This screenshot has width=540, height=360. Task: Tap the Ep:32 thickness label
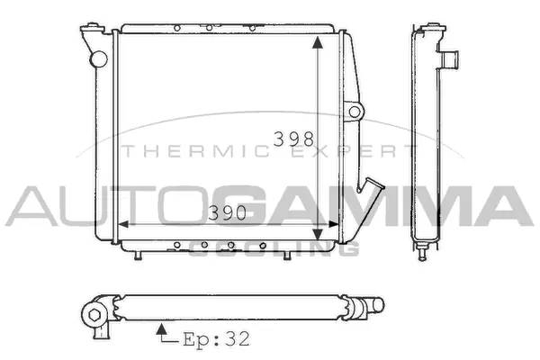click(216, 340)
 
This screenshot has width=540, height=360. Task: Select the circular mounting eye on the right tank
click(355, 111)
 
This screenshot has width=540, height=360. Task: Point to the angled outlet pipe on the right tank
click(370, 187)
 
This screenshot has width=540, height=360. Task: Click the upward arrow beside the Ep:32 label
click(161, 329)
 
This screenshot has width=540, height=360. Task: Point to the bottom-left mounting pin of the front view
click(137, 254)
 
